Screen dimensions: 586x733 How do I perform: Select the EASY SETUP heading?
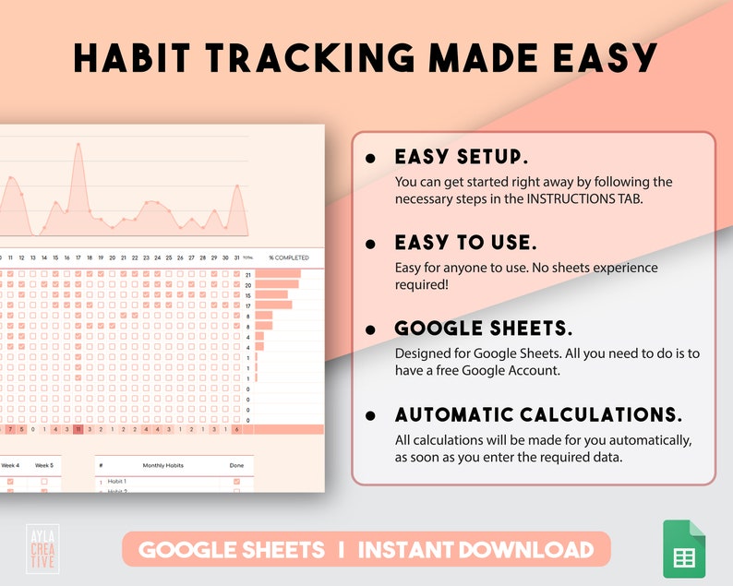pos(462,157)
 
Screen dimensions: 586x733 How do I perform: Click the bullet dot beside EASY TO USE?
pos(371,245)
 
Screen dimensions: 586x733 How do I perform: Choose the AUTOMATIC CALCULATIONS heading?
pos(538,414)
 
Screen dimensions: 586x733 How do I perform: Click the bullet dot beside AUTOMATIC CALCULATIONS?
pos(371,415)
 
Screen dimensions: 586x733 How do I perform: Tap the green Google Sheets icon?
pos(684,550)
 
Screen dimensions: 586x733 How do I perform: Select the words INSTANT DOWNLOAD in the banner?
pos(475,551)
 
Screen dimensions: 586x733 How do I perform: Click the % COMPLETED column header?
pos(289,257)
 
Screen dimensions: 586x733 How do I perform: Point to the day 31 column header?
pos(236,257)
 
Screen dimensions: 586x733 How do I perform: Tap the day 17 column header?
pos(78,257)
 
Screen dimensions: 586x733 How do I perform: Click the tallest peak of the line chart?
pos(78,144)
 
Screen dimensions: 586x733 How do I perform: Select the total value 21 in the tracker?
pos(247,274)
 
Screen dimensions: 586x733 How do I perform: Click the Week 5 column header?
pos(44,465)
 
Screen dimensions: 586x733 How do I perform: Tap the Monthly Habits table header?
pos(164,466)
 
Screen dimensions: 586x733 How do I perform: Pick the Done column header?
pos(236,466)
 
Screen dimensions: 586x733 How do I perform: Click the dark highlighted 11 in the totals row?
pos(78,429)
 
